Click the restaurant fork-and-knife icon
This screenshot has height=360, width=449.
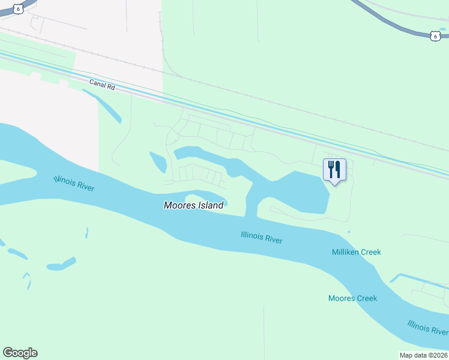(334, 169)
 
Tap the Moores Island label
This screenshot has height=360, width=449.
(193, 205)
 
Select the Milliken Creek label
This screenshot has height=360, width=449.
(356, 252)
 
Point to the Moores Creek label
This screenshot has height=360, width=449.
(352, 298)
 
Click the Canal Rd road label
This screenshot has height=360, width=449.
(101, 85)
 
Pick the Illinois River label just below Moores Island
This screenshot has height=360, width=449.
(261, 238)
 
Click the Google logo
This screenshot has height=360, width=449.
(20, 353)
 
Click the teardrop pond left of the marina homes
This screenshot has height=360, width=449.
(158, 162)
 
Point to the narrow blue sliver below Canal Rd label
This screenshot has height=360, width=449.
(109, 108)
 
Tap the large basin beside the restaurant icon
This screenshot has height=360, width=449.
(300, 192)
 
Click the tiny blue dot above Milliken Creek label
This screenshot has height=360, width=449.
(349, 232)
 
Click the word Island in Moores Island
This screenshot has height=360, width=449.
(209, 205)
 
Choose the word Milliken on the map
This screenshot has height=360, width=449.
(346, 252)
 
